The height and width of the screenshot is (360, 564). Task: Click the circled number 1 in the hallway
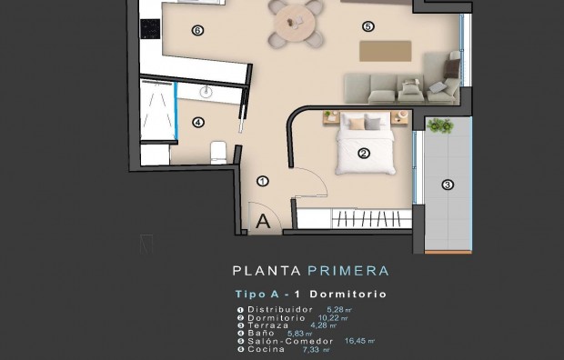(x=262, y=181)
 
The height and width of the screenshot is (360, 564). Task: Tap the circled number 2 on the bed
(x=363, y=154)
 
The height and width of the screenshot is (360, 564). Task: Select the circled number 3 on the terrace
(x=447, y=185)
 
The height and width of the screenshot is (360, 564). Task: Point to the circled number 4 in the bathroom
(x=198, y=122)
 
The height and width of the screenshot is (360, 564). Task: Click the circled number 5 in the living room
(x=368, y=26)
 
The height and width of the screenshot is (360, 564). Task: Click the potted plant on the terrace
(x=440, y=126)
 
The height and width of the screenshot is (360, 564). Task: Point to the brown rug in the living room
(x=386, y=50)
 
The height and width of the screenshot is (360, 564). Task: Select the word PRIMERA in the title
(x=348, y=271)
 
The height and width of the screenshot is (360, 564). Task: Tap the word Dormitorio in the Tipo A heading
(x=348, y=295)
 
